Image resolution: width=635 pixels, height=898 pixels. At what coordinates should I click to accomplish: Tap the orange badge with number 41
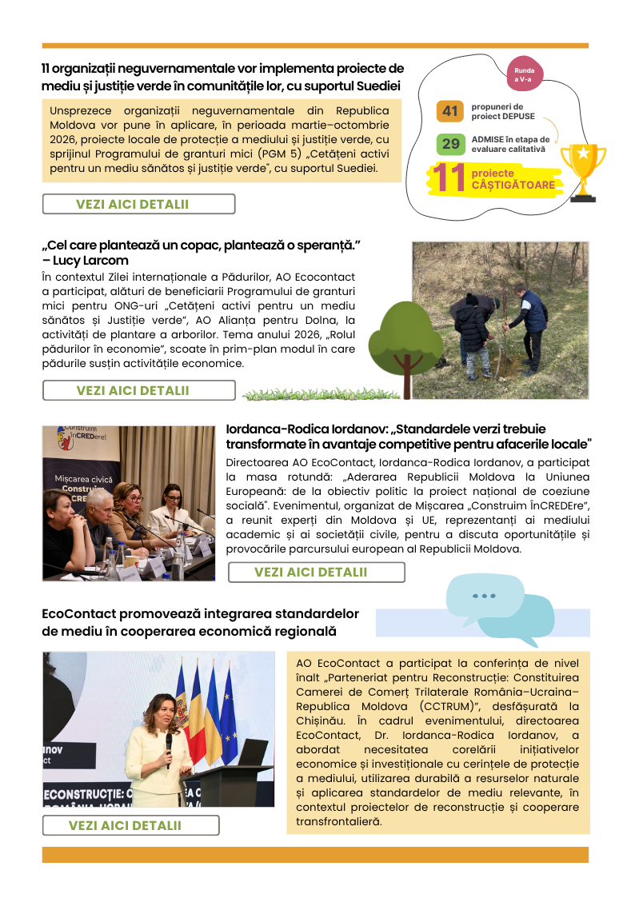pos(450,111)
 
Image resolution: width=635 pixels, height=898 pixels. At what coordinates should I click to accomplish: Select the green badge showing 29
pos(451,144)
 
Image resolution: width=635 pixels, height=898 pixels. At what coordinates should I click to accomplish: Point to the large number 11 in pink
pos(449,178)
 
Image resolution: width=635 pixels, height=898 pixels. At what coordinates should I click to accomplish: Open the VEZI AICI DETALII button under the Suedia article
pos(138,204)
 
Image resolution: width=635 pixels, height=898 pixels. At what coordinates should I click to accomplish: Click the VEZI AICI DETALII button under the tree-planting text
pos(138,390)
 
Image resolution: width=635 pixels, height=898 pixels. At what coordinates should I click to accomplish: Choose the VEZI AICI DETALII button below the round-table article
pos(316,572)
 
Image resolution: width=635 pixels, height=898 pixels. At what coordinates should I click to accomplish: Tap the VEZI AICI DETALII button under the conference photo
pos(130,825)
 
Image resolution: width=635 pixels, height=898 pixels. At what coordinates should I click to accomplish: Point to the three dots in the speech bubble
pos(484,596)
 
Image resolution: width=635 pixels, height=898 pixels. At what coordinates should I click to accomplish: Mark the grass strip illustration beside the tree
pos(320,394)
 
